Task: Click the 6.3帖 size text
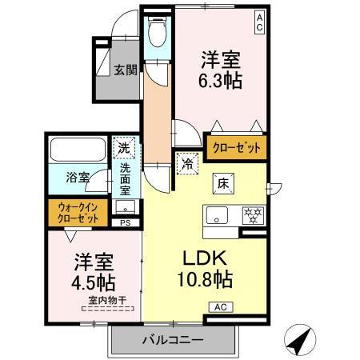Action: (221, 81)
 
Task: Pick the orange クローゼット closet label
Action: (236, 147)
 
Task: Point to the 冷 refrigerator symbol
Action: (187, 163)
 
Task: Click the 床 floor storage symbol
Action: (222, 182)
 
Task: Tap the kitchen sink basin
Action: (218, 215)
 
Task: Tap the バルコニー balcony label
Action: (173, 340)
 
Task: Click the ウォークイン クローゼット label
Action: (78, 213)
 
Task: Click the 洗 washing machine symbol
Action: (124, 148)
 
